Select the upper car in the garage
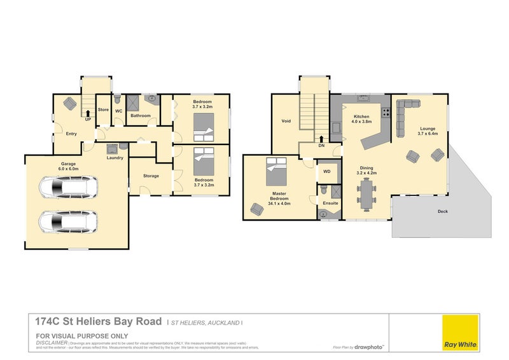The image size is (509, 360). [x=68, y=188]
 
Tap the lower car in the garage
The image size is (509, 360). [x=68, y=221]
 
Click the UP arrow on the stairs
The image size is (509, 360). [x=87, y=114]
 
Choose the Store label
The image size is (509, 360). [x=103, y=110]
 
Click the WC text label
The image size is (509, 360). [x=118, y=110]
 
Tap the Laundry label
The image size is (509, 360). [x=115, y=157]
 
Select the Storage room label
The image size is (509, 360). [x=151, y=176]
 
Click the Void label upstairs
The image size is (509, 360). [x=286, y=120]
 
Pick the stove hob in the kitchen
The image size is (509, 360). [x=385, y=112]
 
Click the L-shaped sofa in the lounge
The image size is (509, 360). [x=402, y=117]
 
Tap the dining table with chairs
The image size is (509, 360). [x=365, y=192]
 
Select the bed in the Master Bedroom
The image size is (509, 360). [x=277, y=168]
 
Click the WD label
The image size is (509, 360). [x=327, y=171]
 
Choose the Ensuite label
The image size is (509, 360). [x=330, y=203]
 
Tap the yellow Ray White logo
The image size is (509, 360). [x=461, y=331]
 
